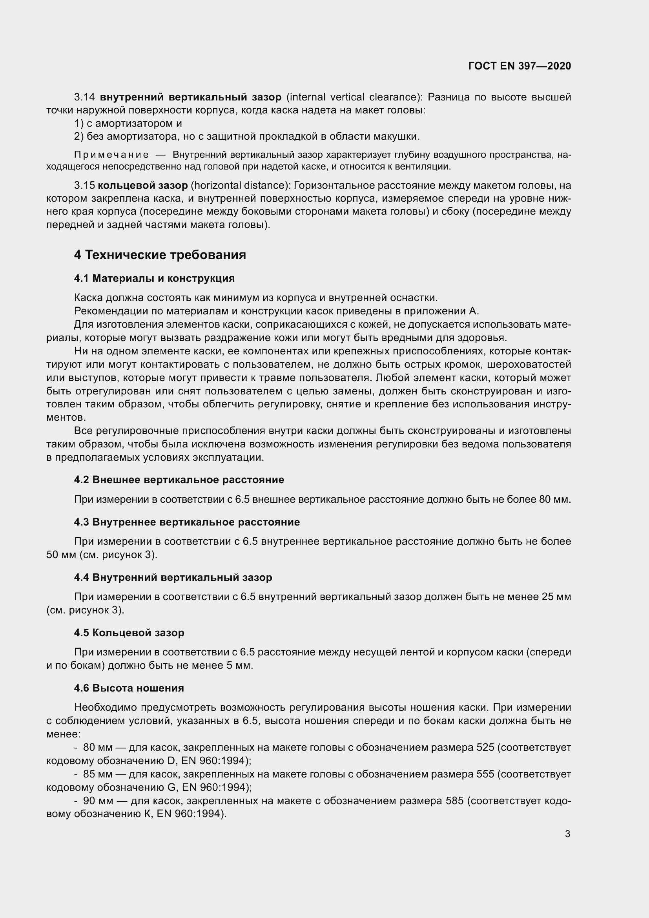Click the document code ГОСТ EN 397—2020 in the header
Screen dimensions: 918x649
[519, 66]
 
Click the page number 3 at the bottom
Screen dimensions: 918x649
[567, 834]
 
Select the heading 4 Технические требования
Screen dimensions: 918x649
[160, 255]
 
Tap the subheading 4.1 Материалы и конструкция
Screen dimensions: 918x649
[154, 278]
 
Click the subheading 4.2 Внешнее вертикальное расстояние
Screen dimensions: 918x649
[179, 479]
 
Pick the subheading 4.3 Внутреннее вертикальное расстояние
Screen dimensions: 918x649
[187, 522]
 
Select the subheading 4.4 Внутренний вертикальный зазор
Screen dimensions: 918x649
[173, 577]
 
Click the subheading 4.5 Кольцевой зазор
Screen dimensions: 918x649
[129, 633]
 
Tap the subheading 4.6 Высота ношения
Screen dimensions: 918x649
[129, 688]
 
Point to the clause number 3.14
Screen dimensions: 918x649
[85, 97]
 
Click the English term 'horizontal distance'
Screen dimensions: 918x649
[240, 186]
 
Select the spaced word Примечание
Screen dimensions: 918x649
[111, 155]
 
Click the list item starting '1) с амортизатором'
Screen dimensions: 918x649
[128, 124]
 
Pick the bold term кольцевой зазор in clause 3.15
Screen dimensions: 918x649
[143, 186]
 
